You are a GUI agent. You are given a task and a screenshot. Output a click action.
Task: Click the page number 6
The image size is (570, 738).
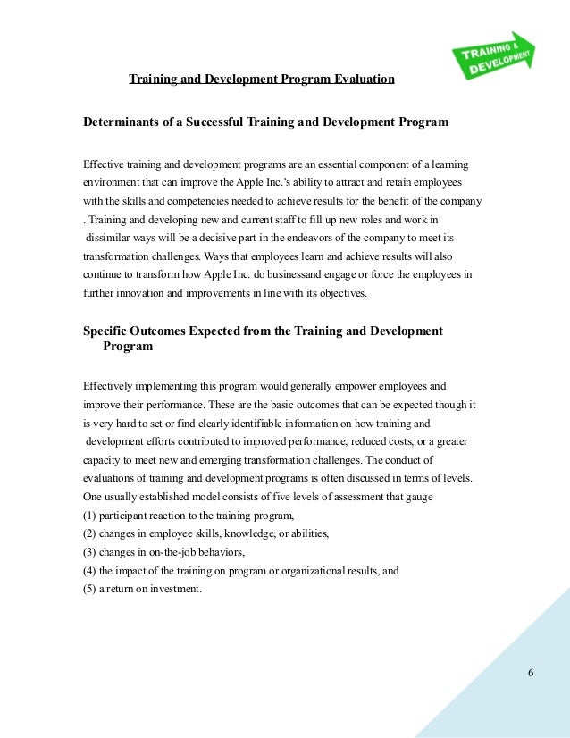point(531,672)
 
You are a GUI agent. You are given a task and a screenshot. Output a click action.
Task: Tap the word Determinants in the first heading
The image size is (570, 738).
point(122,121)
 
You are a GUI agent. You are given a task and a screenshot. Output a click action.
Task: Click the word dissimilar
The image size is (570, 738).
point(112,238)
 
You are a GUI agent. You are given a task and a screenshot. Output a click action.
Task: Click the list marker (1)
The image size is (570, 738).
point(89,516)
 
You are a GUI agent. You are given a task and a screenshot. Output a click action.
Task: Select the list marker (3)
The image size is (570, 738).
point(89,552)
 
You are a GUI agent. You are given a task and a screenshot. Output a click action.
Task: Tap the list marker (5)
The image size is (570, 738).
point(89,589)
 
